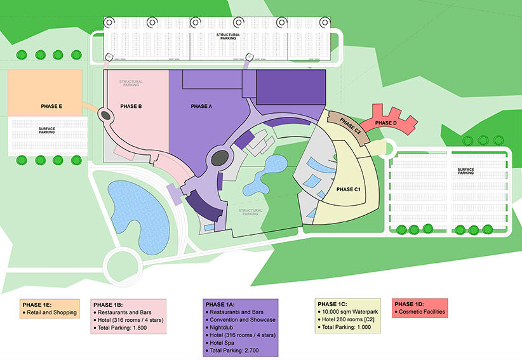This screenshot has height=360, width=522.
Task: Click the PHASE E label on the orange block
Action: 51,107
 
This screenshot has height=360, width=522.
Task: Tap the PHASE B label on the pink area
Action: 131,107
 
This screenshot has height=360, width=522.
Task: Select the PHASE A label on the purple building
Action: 201,107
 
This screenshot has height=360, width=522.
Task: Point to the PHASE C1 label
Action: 349,189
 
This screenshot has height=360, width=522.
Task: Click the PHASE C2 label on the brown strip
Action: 350,126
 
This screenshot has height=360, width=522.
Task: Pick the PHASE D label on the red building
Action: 386,123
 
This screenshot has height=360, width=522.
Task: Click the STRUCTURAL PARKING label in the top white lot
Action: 228,36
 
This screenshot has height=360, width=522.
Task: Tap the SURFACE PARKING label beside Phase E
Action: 47,130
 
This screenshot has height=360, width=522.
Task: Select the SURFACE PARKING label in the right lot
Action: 465,171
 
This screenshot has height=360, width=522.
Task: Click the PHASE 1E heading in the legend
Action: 37,305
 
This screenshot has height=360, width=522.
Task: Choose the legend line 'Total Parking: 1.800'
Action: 122,328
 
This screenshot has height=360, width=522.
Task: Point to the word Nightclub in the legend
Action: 222,328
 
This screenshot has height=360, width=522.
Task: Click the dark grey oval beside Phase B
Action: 105,116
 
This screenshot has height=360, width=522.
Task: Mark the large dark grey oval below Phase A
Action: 220,158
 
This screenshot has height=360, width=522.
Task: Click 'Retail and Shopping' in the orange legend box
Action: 51,312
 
